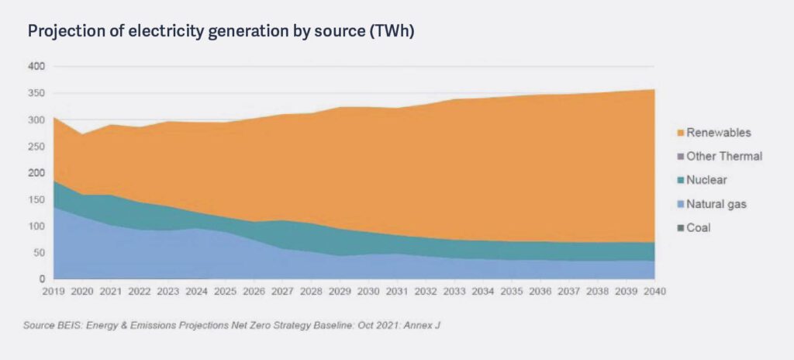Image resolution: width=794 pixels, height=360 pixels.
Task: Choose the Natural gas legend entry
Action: [x=716, y=204]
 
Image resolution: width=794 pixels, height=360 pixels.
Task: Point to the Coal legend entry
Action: [x=698, y=228]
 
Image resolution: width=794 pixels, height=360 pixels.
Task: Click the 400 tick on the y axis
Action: [x=36, y=67]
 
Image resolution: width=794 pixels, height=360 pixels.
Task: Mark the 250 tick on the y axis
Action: [x=36, y=147]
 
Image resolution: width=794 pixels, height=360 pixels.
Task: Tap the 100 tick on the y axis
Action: [x=36, y=226]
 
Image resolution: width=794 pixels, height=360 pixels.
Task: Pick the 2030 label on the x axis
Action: [x=368, y=292]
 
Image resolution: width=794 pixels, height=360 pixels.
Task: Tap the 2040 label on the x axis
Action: [x=654, y=292]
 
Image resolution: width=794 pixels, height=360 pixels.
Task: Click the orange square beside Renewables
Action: [x=680, y=133]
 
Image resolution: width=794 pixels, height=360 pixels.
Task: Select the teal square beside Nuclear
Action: [x=680, y=180]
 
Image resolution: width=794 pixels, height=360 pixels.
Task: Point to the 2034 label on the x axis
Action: [x=482, y=292]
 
